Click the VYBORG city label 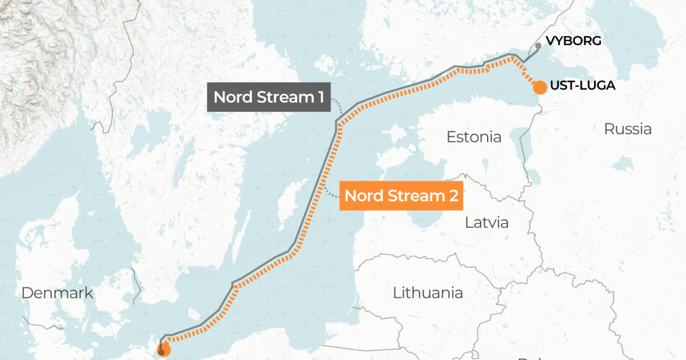point(575,41)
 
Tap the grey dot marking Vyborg point(538,45)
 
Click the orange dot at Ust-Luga point(539,87)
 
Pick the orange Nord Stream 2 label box point(401,196)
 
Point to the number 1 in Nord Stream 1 point(319,97)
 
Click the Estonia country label point(473,137)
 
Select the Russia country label point(628,129)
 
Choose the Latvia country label point(486,222)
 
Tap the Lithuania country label point(428,293)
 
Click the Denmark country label point(57,293)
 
